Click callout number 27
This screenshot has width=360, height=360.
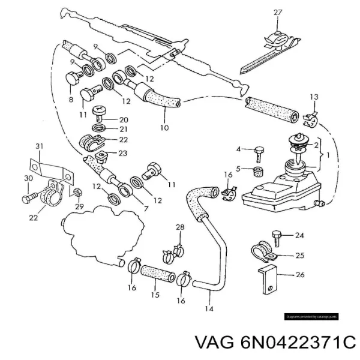pyautogui.click(x=277, y=13)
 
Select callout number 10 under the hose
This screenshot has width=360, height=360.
pyautogui.click(x=165, y=127)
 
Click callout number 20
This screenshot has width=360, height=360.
pyautogui.click(x=123, y=119)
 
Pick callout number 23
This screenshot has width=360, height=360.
pyautogui.click(x=123, y=153)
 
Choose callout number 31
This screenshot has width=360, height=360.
pyautogui.click(x=40, y=146)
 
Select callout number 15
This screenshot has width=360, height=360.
pyautogui.click(x=155, y=295)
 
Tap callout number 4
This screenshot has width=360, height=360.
pyautogui.click(x=238, y=149)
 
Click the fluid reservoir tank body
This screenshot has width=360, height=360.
pyautogui.click(x=282, y=192)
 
